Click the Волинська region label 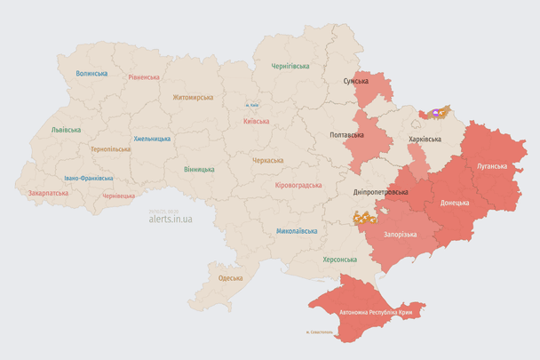91,74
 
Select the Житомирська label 193,97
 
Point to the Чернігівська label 290,66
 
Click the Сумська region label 355,82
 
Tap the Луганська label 491,166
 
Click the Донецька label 454,202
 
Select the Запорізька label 400,234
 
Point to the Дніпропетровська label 380,192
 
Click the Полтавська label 346,135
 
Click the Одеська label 230,278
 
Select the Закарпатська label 48,192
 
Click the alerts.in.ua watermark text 170,217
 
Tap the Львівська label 67,130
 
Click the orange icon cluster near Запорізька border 364,217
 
